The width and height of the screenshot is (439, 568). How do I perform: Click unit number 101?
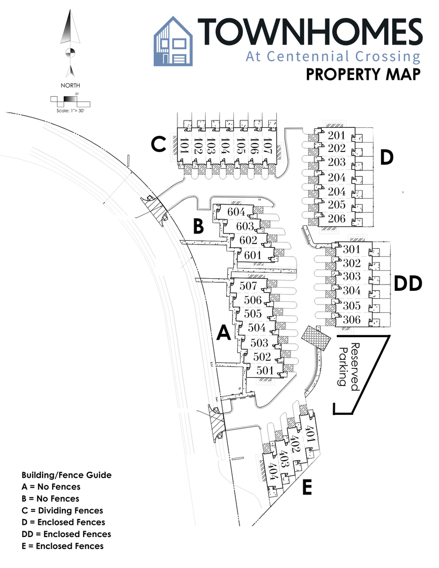[184, 145]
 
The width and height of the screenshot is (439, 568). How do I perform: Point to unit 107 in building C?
[267, 145]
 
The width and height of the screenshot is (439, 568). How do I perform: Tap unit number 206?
[336, 219]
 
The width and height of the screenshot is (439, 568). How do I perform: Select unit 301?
[352, 250]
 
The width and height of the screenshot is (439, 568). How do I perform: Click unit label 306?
[352, 320]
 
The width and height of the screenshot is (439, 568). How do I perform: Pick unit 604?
[236, 212]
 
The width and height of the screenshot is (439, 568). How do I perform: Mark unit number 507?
[248, 287]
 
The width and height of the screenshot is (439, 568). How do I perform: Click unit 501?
[265, 371]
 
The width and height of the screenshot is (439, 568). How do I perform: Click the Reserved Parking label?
[348, 367]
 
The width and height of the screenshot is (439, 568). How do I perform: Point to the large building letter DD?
[408, 283]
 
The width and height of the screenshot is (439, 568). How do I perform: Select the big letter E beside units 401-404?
[307, 488]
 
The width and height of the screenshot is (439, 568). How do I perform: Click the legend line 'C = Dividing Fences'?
[62, 510]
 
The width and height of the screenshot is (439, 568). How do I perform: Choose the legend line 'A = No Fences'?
[51, 486]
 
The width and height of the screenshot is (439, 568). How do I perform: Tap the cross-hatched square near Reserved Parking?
[317, 337]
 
